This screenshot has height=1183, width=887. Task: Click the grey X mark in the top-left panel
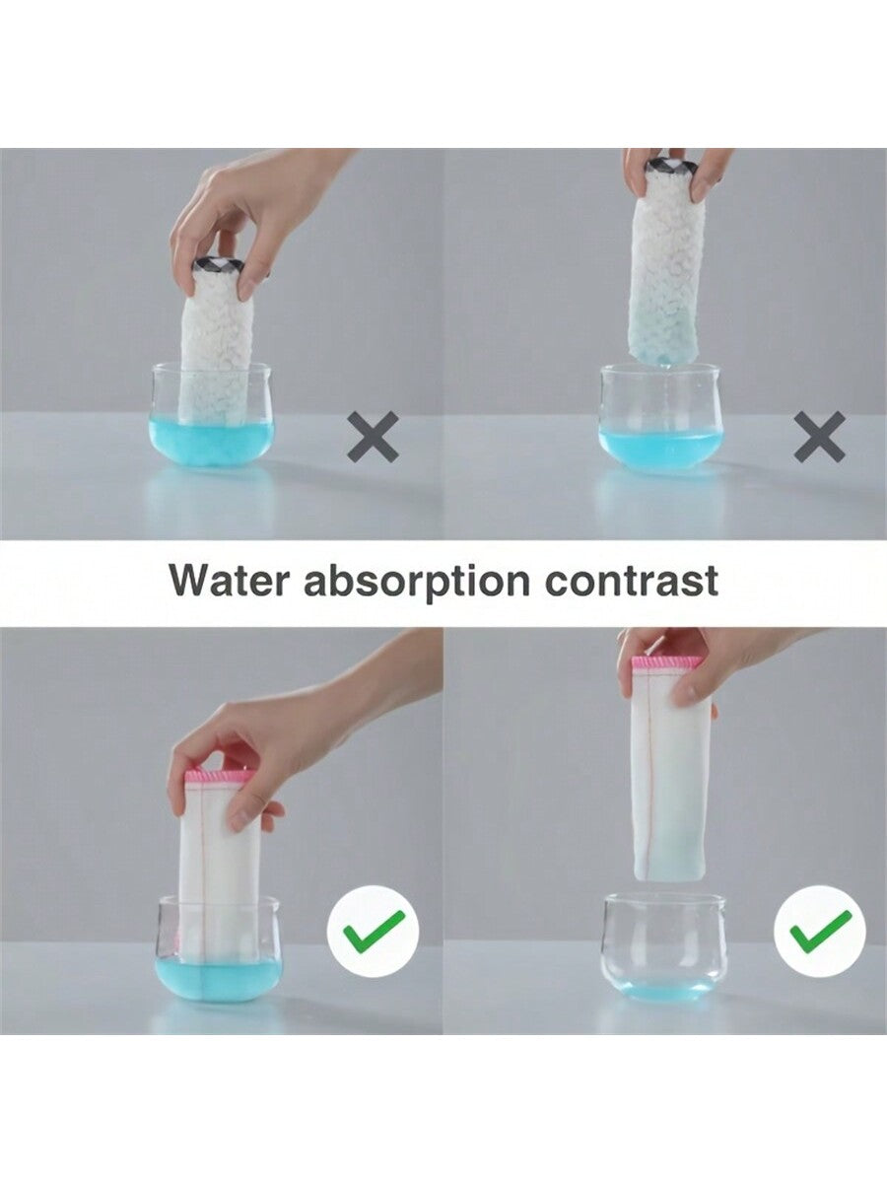coord(374,437)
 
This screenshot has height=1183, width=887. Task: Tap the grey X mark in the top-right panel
coord(820,437)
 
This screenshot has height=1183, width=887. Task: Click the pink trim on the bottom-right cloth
coord(667,663)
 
